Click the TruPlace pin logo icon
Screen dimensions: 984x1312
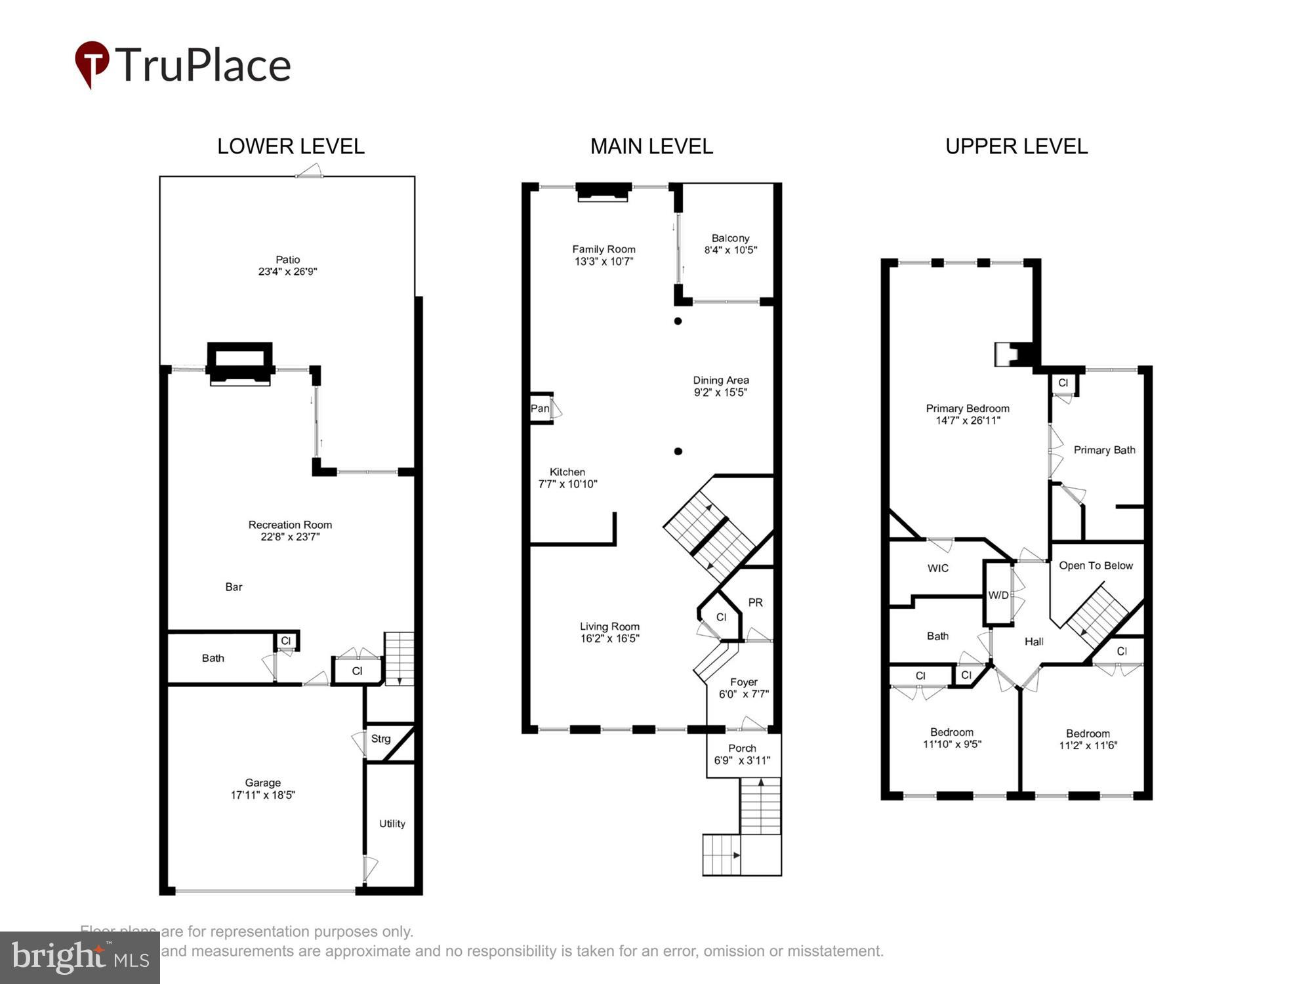click(92, 63)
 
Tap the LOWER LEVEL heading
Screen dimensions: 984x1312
click(291, 146)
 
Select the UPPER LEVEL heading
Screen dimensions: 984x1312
click(1016, 146)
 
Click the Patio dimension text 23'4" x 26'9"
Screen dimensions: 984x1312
click(287, 272)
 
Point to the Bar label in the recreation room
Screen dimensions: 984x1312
click(234, 587)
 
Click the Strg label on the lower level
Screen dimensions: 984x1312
click(380, 739)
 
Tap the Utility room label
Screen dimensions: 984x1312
click(392, 824)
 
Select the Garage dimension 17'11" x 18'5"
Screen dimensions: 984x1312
click(262, 795)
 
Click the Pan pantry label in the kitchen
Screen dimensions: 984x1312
click(540, 409)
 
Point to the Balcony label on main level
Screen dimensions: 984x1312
click(730, 238)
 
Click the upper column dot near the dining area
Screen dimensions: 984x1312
click(678, 321)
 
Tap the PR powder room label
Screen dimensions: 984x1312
click(755, 602)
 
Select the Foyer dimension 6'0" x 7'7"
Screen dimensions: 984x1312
click(743, 694)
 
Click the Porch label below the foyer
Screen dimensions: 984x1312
click(742, 748)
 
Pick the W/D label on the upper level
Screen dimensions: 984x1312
click(998, 595)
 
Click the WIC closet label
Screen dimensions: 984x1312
click(937, 568)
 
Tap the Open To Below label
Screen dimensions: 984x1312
click(1096, 565)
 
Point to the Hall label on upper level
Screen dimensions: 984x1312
click(1034, 642)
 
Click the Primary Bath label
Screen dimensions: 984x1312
click(1104, 450)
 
